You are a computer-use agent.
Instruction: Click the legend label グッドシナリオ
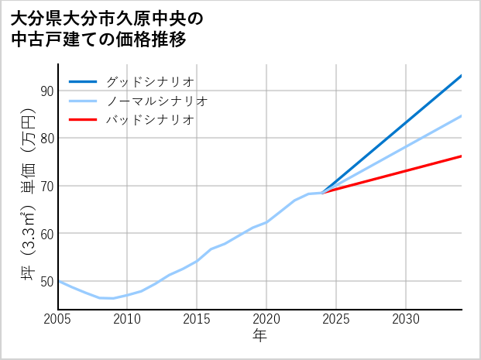pos(149,81)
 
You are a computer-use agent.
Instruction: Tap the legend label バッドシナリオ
pos(149,120)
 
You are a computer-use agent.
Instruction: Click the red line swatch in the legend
pos(83,120)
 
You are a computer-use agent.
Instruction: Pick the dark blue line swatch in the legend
pos(83,81)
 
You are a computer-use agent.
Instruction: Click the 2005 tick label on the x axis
pos(58,319)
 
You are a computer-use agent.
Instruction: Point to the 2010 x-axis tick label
pos(127,319)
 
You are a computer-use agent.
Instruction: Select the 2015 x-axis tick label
pos(197,319)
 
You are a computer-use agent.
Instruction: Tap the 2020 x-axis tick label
pos(266,319)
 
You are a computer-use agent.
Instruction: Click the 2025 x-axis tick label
pos(336,319)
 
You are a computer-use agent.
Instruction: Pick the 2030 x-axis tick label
pos(406,319)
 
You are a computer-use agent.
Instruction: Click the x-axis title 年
pos(259,337)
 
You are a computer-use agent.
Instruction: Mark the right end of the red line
pos(461,156)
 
